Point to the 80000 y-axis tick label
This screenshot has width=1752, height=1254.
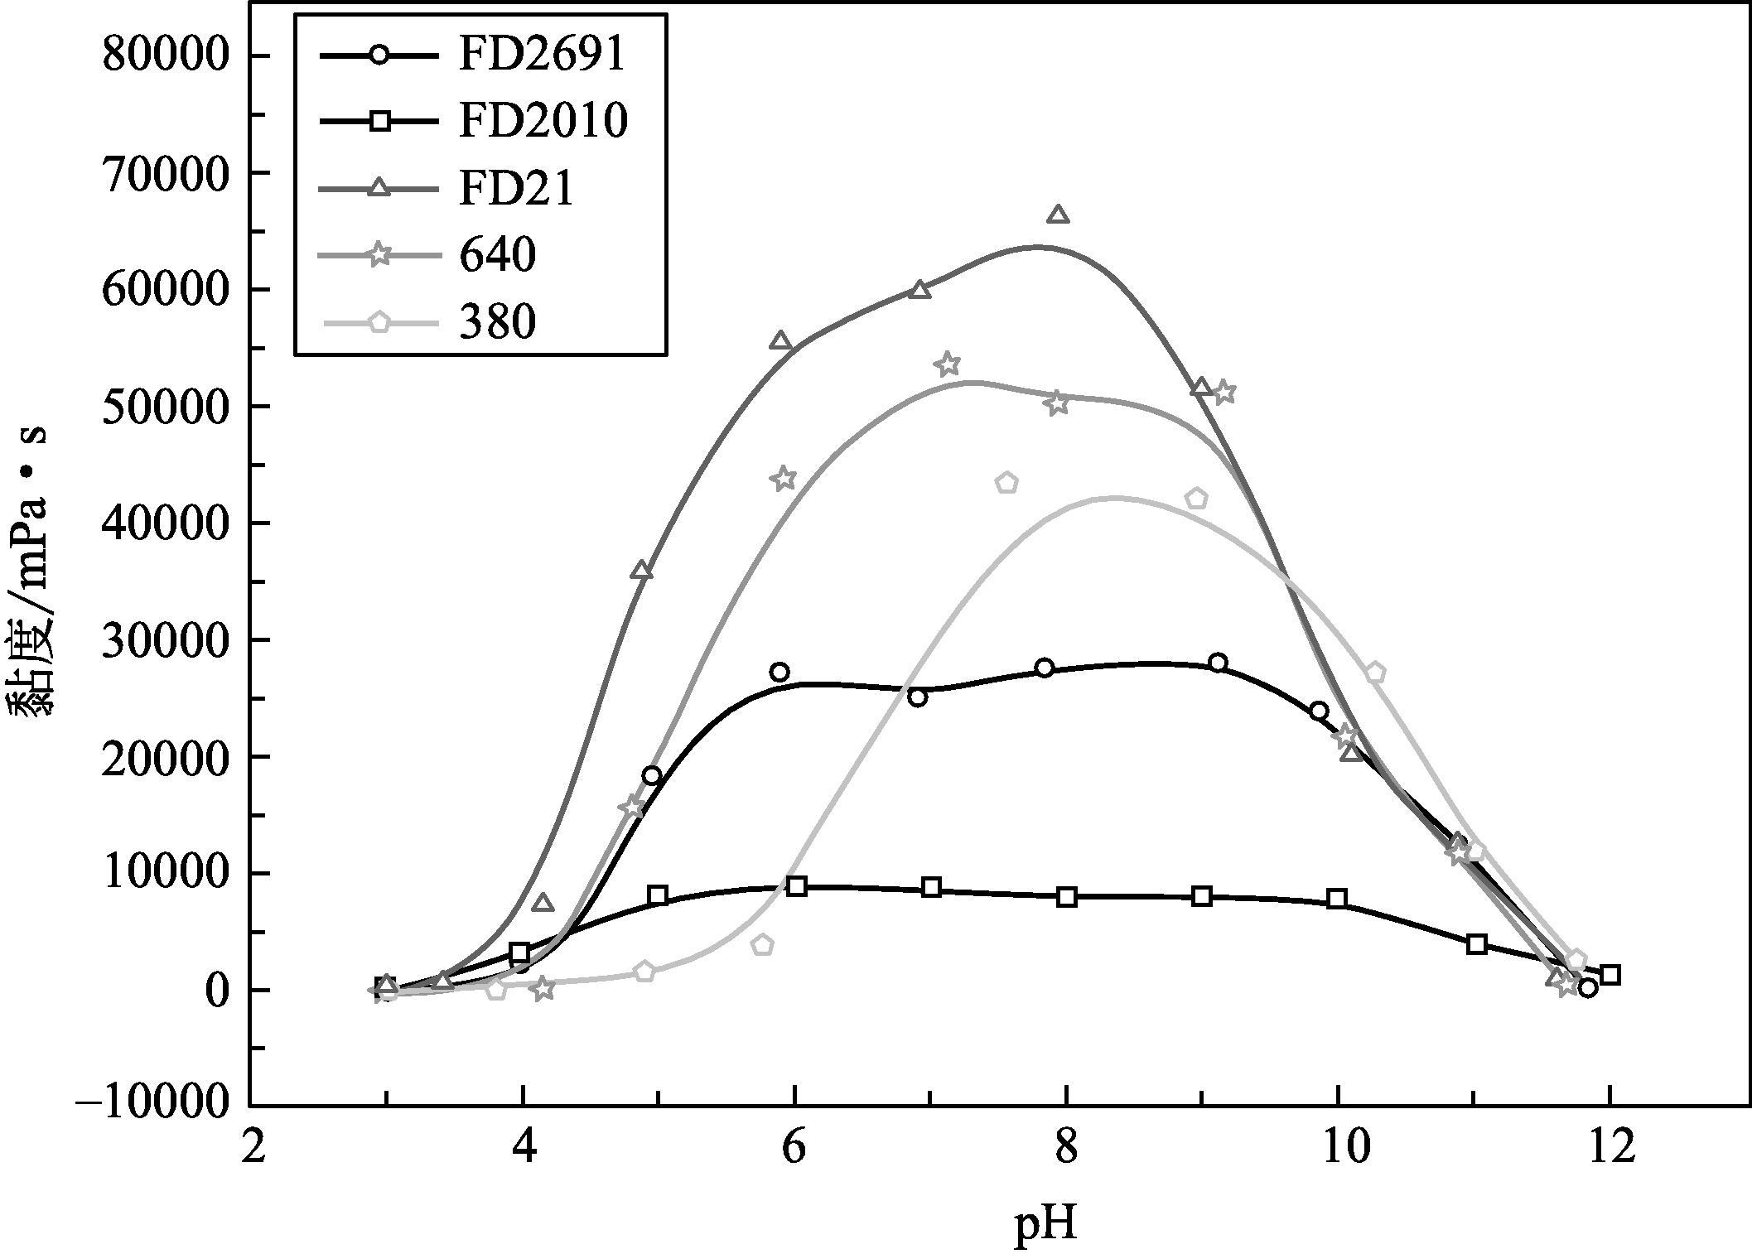pyautogui.click(x=163, y=55)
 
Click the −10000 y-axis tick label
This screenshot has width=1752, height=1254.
pyautogui.click(x=152, y=1106)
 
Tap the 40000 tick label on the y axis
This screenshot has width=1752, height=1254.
pyautogui.click(x=163, y=523)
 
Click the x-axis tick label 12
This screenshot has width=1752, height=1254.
pyautogui.click(x=1609, y=1150)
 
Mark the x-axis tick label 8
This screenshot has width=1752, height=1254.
pyautogui.click(x=1066, y=1150)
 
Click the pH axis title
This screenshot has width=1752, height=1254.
pyautogui.click(x=1045, y=1223)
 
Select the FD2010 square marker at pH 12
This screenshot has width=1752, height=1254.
pyautogui.click(x=1610, y=975)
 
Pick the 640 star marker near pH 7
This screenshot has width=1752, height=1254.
pyautogui.click(x=948, y=364)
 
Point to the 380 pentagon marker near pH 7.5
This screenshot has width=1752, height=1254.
pyautogui.click(x=1006, y=483)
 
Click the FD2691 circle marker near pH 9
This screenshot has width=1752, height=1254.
pyautogui.click(x=1218, y=663)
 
